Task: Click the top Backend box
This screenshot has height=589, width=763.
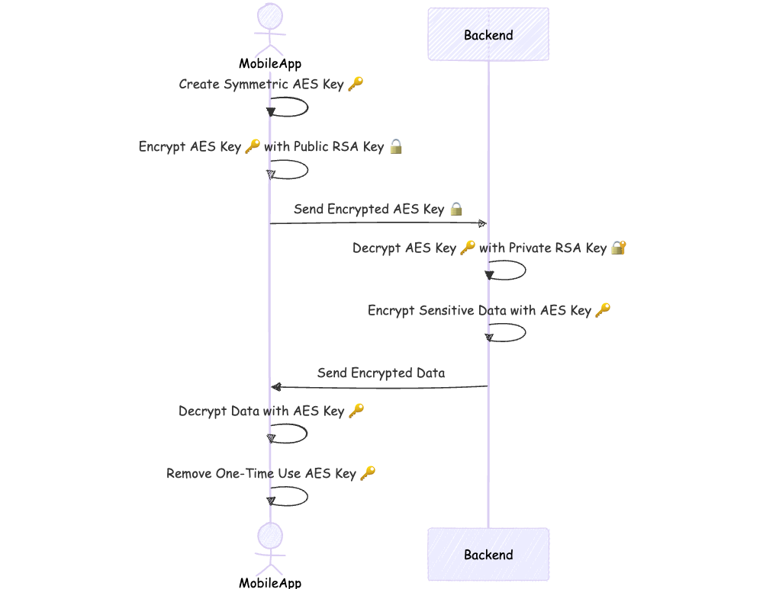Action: click(x=488, y=34)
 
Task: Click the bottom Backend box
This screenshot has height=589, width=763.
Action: click(x=488, y=554)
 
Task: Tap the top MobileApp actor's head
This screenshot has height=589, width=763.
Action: click(x=270, y=17)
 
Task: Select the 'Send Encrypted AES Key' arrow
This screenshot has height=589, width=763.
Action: click(x=378, y=223)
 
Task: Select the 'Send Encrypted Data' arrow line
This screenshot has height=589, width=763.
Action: click(x=379, y=387)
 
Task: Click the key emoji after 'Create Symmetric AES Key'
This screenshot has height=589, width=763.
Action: click(x=356, y=84)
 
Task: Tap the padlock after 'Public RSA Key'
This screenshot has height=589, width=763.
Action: click(x=395, y=146)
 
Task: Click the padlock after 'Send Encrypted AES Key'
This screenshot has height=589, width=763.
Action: click(x=456, y=209)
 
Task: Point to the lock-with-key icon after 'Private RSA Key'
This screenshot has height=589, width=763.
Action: click(x=618, y=248)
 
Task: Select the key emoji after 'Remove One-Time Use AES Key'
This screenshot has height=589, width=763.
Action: click(x=368, y=473)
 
